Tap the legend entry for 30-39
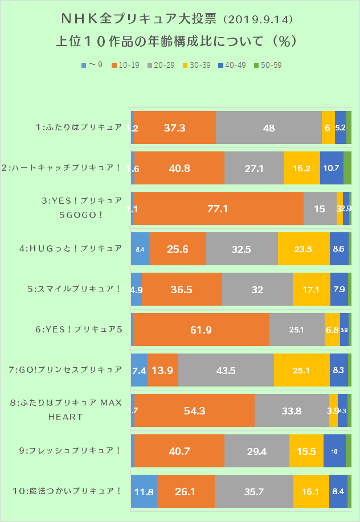coord(193,65)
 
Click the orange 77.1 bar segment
coord(218,209)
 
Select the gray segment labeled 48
coord(269,128)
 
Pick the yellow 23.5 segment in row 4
coord(304,249)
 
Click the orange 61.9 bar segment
coord(201,330)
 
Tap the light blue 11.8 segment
coord(144,490)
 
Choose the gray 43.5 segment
coord(226,370)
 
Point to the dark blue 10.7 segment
coord(332,168)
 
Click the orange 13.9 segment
coord(163,370)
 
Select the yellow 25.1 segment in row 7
coord(301,370)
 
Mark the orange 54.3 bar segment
coord(194,410)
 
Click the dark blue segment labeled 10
coord(334,451)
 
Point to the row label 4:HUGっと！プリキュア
coord(78,249)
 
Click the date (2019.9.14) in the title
coord(259,20)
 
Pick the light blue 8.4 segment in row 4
coord(140,249)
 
